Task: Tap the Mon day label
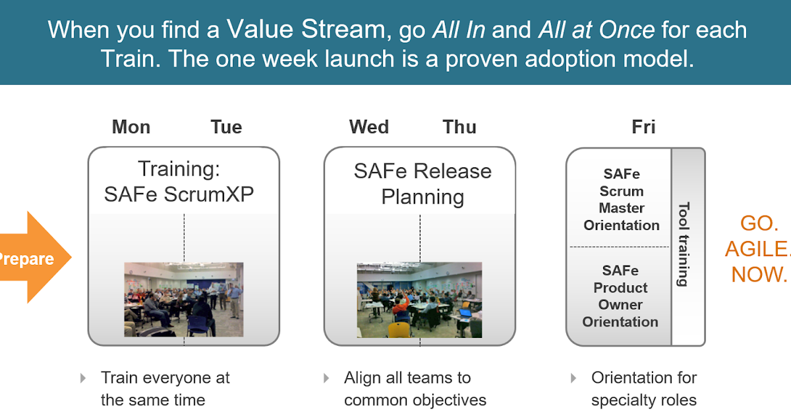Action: point(131,127)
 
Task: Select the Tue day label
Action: point(226,127)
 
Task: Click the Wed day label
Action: point(369,127)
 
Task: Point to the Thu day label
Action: point(459,127)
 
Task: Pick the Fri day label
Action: point(643,127)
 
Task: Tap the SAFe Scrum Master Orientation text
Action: point(621,200)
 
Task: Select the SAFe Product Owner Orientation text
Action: point(620,296)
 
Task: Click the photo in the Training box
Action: point(183,300)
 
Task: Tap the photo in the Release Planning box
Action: point(419,300)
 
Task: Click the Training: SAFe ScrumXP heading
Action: point(179,182)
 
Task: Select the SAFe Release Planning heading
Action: point(423,184)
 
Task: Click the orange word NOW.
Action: point(759,273)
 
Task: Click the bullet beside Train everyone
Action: point(83,378)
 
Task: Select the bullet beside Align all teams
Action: point(326,378)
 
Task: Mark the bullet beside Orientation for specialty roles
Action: point(573,378)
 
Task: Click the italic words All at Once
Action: point(597,30)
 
